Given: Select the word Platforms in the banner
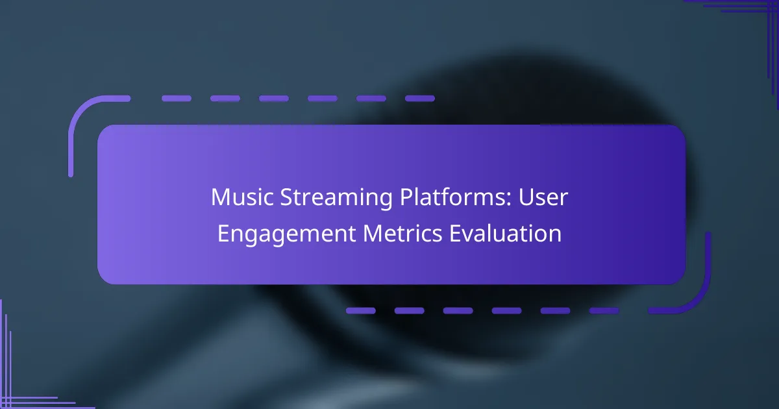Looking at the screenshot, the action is pyautogui.click(x=452, y=197).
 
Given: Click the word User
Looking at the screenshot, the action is pyautogui.click(x=543, y=197).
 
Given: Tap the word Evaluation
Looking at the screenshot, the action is pyautogui.click(x=505, y=233).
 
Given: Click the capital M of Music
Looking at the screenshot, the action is pyautogui.click(x=219, y=197).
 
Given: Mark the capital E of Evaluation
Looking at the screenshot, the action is pyautogui.click(x=455, y=234).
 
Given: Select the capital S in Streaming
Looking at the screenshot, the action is pyautogui.click(x=286, y=197).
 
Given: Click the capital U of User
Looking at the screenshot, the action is pyautogui.click(x=526, y=197).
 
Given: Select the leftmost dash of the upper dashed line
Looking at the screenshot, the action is pyautogui.click(x=177, y=99).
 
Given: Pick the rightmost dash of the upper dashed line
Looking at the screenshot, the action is pyautogui.click(x=420, y=99).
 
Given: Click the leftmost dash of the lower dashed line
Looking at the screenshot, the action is pyautogui.click(x=361, y=310).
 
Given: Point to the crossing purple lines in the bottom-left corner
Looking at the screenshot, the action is pyautogui.click(x=8, y=400).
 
